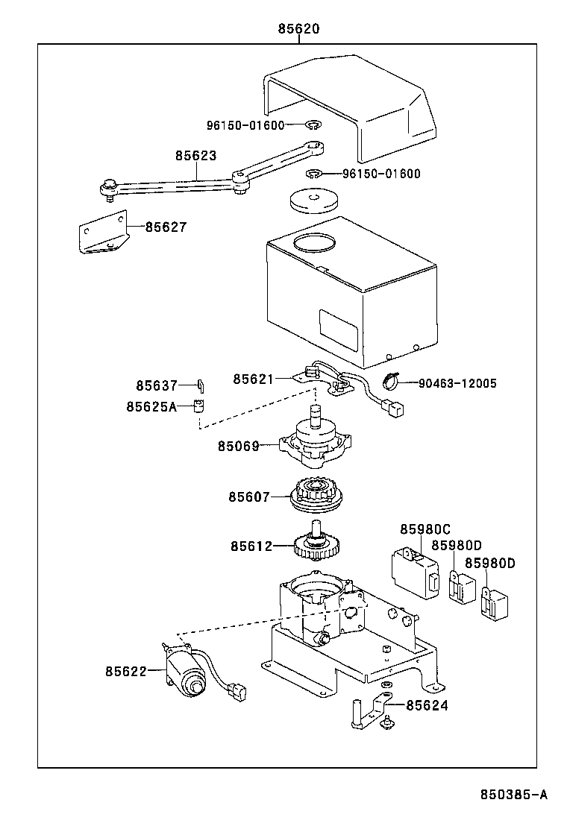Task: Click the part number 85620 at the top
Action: pyautogui.click(x=298, y=29)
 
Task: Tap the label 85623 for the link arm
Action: pyautogui.click(x=196, y=156)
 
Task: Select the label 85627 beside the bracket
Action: pyautogui.click(x=166, y=227)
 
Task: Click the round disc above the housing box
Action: pyautogui.click(x=313, y=201)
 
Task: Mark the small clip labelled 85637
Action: pyautogui.click(x=200, y=385)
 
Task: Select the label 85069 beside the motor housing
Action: pyautogui.click(x=239, y=447)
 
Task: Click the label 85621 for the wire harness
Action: pyautogui.click(x=254, y=379)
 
